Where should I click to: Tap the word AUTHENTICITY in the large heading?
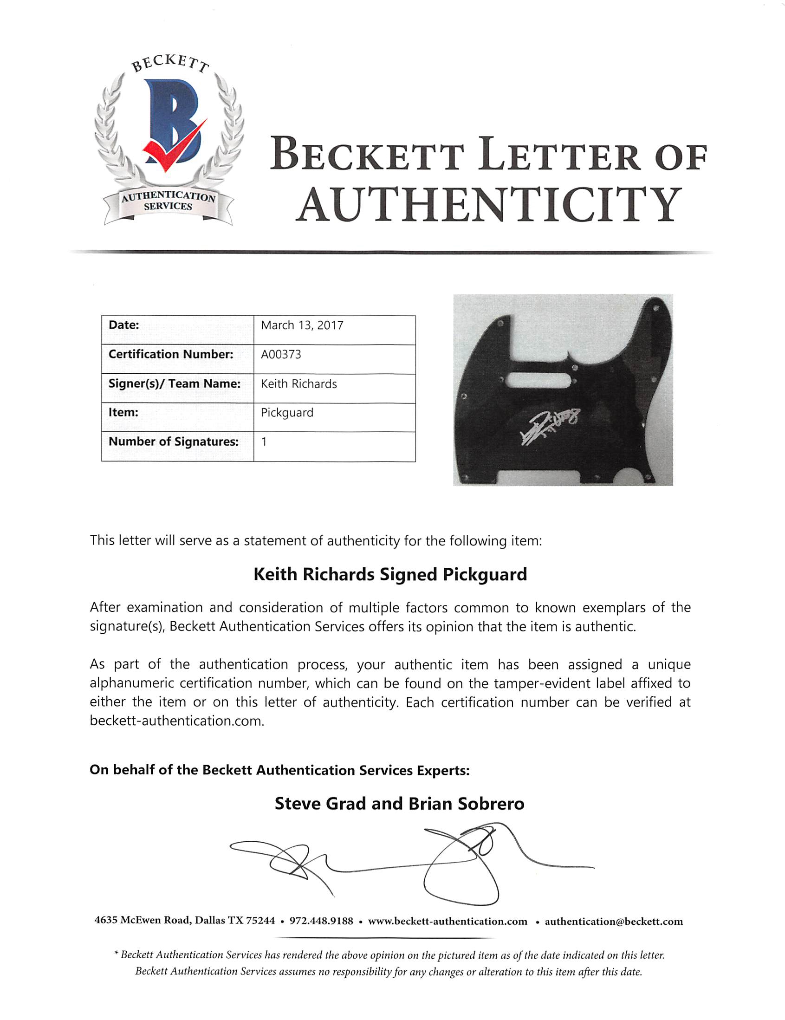click(x=488, y=205)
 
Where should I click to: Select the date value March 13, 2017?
click(x=302, y=325)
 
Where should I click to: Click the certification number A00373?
click(x=281, y=355)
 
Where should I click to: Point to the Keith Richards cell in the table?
click(x=298, y=384)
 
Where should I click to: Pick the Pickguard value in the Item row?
click(x=287, y=413)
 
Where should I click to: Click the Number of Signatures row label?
click(x=173, y=442)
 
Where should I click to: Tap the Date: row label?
click(x=124, y=325)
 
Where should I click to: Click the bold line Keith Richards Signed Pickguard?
click(x=390, y=574)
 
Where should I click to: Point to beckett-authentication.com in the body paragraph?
click(x=176, y=721)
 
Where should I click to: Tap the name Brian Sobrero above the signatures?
click(x=466, y=804)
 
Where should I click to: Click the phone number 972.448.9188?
click(x=321, y=922)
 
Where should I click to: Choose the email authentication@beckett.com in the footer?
click(x=613, y=922)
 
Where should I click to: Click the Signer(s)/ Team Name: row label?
click(x=174, y=384)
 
